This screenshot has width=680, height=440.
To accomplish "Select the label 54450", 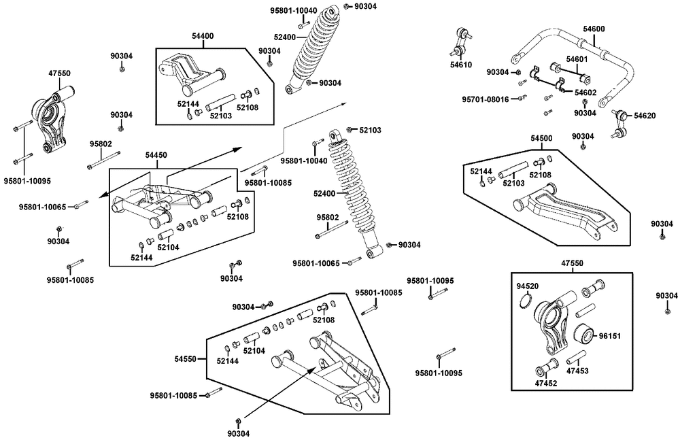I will click(x=157, y=155).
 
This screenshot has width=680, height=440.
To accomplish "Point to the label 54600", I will click(x=594, y=29).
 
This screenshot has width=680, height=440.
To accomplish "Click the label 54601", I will click(x=577, y=59).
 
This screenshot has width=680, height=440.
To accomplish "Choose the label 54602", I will click(x=585, y=92).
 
